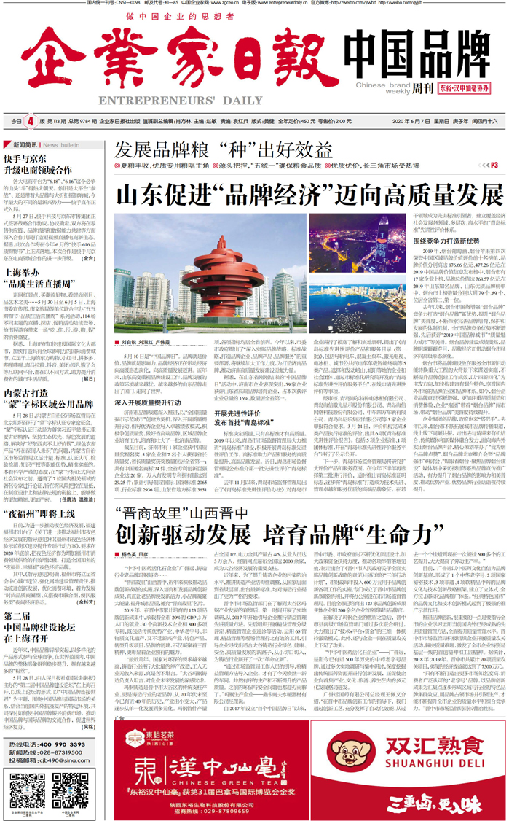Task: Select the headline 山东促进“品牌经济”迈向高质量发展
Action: [309, 177]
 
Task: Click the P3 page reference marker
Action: [494, 145]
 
